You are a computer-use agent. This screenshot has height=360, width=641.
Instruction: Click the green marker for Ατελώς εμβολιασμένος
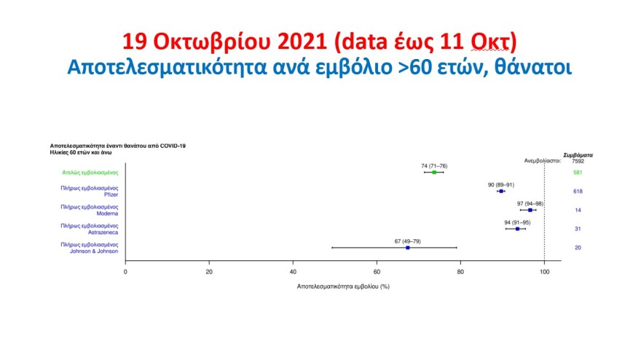pos(434,172)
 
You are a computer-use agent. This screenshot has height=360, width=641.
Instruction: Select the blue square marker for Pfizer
pos(501,191)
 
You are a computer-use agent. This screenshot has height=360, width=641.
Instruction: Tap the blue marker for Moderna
pos(530,210)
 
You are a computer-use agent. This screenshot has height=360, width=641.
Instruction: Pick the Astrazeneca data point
pos(518,229)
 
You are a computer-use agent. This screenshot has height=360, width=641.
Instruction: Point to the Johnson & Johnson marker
pos(407,248)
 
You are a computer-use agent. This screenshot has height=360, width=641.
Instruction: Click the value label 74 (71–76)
pos(434,165)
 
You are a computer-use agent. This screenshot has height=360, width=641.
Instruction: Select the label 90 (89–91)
pos(501,184)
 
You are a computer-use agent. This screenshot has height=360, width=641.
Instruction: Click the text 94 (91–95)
pos(518,222)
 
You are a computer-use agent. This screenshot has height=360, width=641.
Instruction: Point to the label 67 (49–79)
pos(407,241)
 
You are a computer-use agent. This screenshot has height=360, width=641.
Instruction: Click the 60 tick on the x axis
pos(377,272)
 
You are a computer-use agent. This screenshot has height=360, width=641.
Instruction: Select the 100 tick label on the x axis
pos(544,272)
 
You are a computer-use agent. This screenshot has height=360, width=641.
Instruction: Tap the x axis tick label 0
pos(126,272)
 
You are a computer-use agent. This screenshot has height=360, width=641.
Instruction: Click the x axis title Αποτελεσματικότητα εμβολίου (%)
pos(343,286)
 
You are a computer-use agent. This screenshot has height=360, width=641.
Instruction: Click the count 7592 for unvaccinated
pos(578,161)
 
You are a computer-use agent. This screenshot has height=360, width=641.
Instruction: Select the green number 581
pos(578,173)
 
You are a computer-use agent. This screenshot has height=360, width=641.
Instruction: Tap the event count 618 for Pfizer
pos(578,191)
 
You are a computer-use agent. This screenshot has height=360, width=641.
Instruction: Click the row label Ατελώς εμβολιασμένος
pos(90,173)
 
